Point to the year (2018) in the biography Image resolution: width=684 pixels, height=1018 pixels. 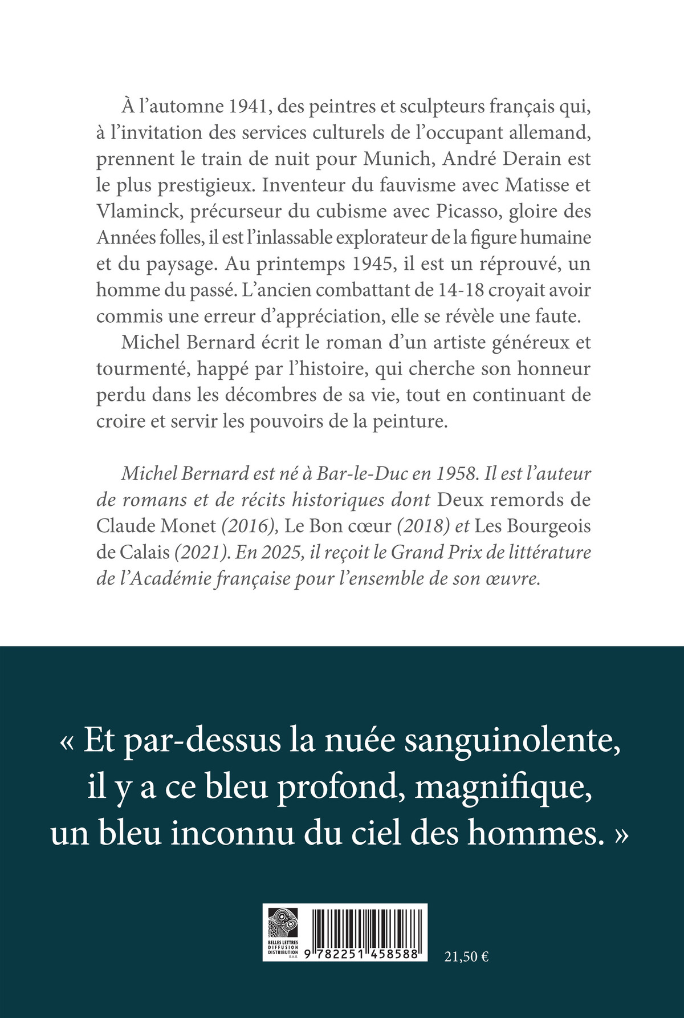pyautogui.click(x=423, y=525)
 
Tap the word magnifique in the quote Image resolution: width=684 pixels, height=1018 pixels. pyautogui.click(x=505, y=788)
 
